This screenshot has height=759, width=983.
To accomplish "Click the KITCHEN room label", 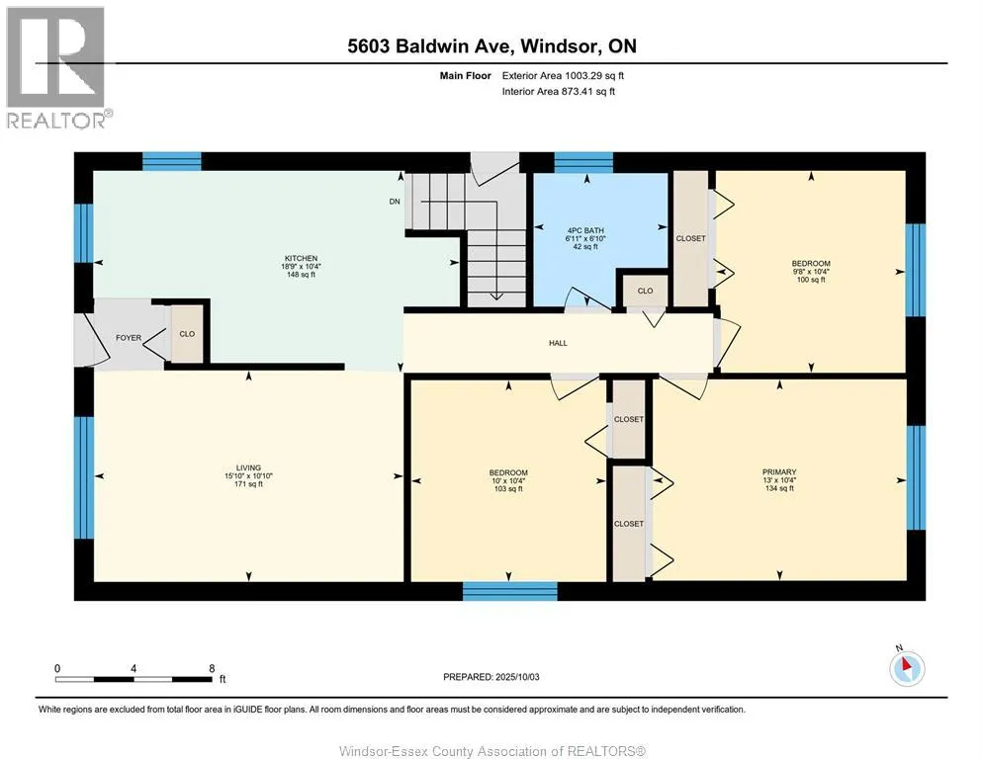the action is coord(301,258).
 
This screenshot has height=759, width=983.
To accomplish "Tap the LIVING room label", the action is coord(248,467).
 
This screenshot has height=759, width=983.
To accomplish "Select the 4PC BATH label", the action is coord(584,230).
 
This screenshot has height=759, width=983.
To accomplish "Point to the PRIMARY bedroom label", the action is coord(779,472).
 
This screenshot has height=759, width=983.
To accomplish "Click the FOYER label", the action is coord(129,338).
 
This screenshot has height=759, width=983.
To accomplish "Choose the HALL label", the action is coord(558,343).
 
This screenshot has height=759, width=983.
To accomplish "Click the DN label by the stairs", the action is coord(395,202).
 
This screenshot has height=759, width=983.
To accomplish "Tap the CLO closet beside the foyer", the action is coord(187,334).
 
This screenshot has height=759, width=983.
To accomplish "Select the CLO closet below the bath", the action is coord(645,291).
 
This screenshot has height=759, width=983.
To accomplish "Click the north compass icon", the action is coord(906,668).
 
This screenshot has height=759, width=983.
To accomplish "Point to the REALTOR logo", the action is coord(57,67).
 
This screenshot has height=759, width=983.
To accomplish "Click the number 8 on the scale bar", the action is coord(212,668).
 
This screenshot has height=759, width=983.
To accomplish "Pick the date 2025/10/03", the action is coord(517,677).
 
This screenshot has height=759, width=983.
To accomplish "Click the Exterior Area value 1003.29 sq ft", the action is coord(594,76).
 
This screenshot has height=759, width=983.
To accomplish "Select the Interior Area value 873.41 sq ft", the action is coord(588,92).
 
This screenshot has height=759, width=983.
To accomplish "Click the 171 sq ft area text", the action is coord(248,484).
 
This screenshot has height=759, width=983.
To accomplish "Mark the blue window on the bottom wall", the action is coord(509,591).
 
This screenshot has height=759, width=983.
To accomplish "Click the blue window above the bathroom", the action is coord(583,162).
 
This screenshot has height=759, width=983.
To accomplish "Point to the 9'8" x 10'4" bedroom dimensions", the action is coord(811,272).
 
